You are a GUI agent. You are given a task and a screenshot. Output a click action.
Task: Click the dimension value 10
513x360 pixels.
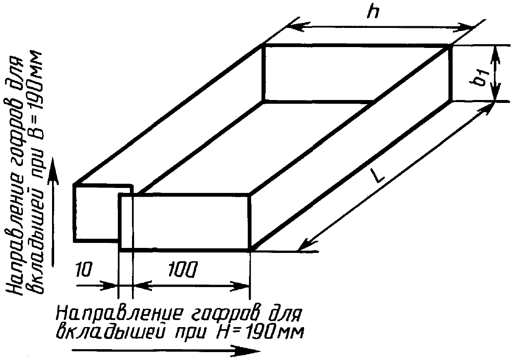(x=85, y=271)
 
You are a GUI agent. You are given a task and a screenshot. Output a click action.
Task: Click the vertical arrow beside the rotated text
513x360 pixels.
(x=53, y=212)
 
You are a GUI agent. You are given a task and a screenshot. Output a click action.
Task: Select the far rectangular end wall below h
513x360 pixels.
(x=356, y=73)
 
